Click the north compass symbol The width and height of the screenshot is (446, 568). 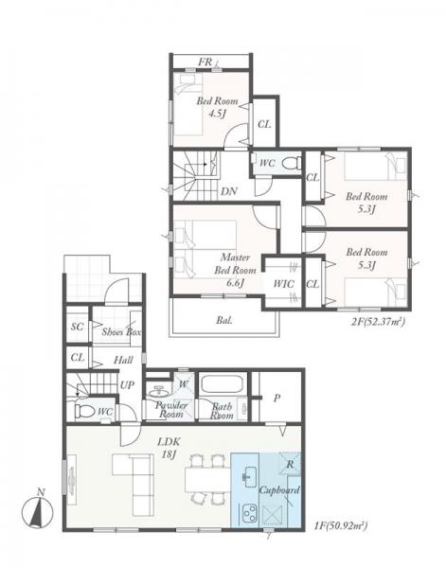click(x=37, y=510)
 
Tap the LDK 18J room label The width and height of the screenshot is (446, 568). click(x=169, y=448)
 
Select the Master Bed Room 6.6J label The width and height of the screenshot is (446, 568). click(x=235, y=270)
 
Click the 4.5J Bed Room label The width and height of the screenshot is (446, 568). click(x=217, y=107)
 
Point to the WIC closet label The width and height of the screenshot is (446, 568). click(x=283, y=284)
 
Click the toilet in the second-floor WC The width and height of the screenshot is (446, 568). click(x=291, y=163)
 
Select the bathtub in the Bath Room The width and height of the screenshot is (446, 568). click(x=223, y=384)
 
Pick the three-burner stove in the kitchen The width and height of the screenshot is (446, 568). click(x=249, y=513)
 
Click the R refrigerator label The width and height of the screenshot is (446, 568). click(x=290, y=464)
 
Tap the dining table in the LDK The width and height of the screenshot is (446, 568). click(x=207, y=480)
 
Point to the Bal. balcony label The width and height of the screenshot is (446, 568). click(x=224, y=320)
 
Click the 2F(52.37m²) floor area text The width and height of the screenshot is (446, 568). click(x=378, y=321)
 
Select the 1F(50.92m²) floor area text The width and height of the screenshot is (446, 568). click(x=341, y=524)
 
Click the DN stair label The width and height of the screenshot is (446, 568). click(x=229, y=191)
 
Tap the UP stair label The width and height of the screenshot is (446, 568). click(x=127, y=385)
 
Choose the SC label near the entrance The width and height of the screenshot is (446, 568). click(x=77, y=327)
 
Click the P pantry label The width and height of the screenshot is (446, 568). click(x=277, y=399)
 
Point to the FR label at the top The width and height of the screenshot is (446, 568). click(x=205, y=62)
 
